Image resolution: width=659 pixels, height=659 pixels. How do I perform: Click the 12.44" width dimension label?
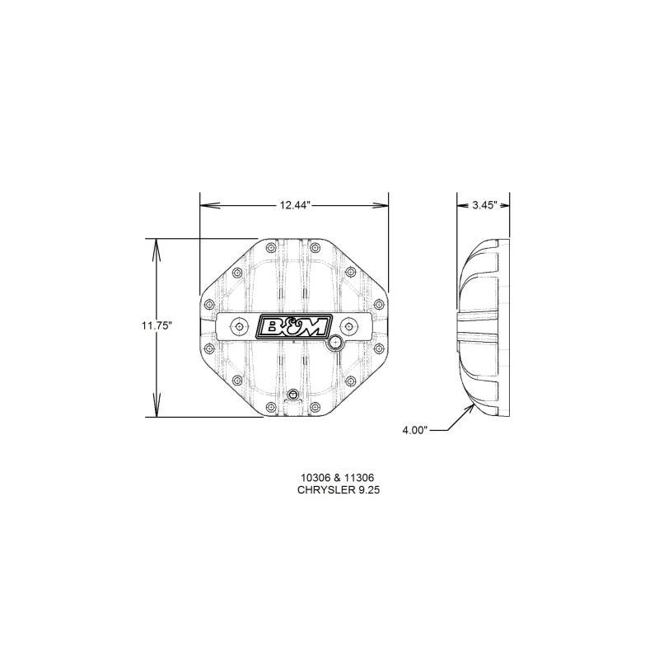pos(295,205)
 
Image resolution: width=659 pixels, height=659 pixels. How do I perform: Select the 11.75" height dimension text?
pos(157,325)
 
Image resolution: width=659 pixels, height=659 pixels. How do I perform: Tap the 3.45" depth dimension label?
pos(485,205)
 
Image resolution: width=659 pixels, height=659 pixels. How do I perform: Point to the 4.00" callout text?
pos(415,430)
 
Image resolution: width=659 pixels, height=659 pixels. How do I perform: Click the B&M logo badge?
pos(294,325)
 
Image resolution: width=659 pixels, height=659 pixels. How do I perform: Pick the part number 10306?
pos(314,478)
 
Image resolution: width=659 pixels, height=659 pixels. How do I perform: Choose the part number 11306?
pos(360,478)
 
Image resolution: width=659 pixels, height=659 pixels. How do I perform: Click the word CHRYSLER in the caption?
pos(325,490)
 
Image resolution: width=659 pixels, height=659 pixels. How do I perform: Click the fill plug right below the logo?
pos(334,344)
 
